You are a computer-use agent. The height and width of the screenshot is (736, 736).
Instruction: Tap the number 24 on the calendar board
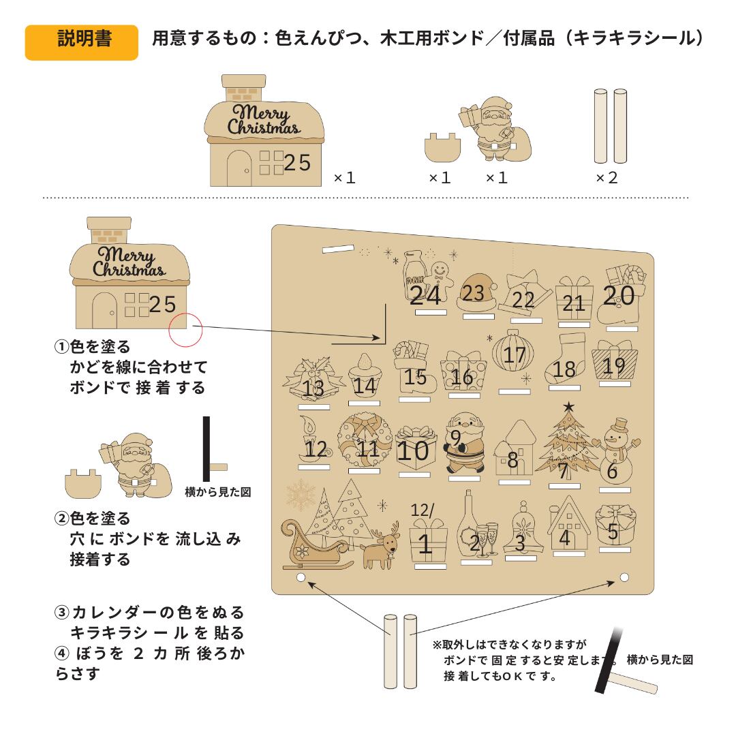(x=425, y=296)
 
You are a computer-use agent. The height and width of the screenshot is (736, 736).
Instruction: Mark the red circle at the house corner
(x=186, y=330)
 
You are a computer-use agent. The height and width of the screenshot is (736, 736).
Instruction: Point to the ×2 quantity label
(x=606, y=178)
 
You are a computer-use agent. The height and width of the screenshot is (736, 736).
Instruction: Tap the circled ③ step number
(x=62, y=612)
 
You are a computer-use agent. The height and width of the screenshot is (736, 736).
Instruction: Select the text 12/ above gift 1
(x=423, y=510)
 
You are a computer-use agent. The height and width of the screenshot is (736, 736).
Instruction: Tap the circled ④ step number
(x=62, y=653)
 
